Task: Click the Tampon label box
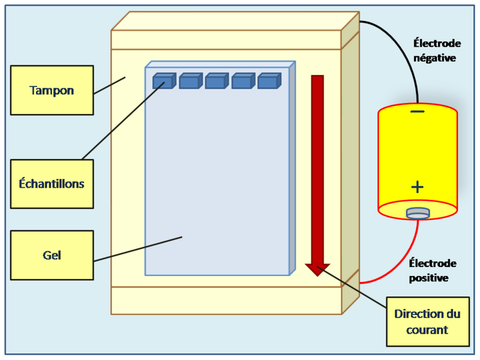tap(52, 90)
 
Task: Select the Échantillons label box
tap(52, 184)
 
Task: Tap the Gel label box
tap(52, 255)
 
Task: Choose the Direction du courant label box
tap(427, 322)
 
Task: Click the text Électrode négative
tap(437, 50)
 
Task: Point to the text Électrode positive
tap(433, 271)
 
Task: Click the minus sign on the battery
tap(418, 112)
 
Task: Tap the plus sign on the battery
tap(418, 187)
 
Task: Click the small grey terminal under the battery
tap(418, 212)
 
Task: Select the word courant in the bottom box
tap(427, 330)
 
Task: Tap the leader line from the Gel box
tap(138, 249)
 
